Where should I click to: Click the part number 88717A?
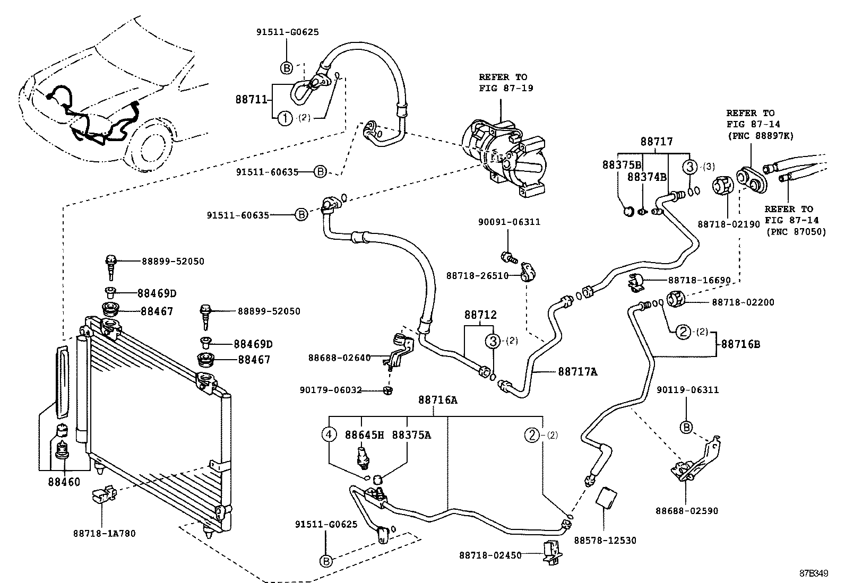577,372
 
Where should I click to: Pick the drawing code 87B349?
814,573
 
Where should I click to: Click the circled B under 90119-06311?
686,427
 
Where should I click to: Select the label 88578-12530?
605,540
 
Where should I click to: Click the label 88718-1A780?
104,533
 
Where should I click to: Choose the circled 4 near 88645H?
329,435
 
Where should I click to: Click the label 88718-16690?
699,280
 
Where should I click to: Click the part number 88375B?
622,164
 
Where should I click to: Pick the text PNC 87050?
796,232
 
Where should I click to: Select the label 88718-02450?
490,555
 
